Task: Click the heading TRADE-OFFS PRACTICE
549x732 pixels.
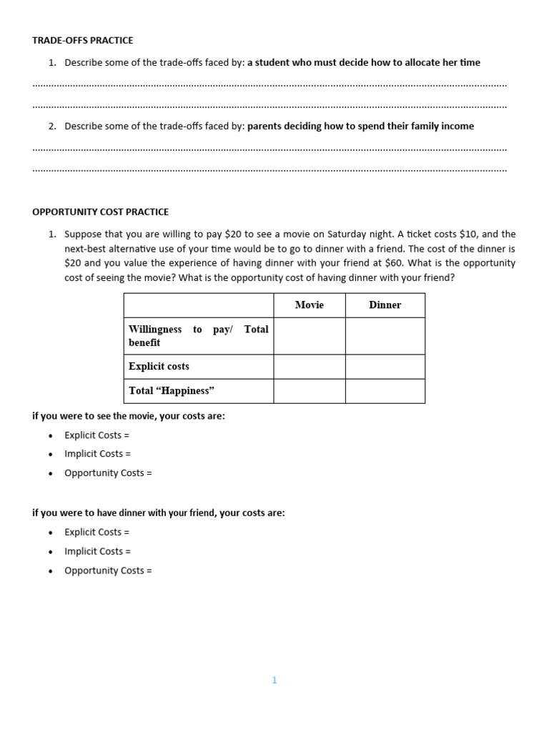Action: (x=83, y=41)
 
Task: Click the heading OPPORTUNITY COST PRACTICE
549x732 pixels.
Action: (x=101, y=212)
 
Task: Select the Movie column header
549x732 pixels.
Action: (x=309, y=305)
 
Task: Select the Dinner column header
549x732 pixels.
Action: (x=385, y=305)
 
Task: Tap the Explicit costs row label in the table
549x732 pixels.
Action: (x=159, y=367)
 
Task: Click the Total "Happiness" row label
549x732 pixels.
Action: (x=172, y=391)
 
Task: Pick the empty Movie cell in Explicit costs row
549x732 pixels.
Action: (x=309, y=367)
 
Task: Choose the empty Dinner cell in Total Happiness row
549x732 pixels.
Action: (x=385, y=391)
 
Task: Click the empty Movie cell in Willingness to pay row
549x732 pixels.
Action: (x=309, y=336)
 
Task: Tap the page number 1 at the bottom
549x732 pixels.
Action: (x=274, y=681)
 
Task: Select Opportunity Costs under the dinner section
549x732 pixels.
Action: (x=108, y=570)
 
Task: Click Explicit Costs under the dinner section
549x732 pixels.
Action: (x=97, y=532)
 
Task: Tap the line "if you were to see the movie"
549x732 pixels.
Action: (x=129, y=416)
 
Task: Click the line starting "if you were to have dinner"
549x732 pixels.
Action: (x=159, y=513)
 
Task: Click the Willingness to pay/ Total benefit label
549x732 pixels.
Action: (x=198, y=336)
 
